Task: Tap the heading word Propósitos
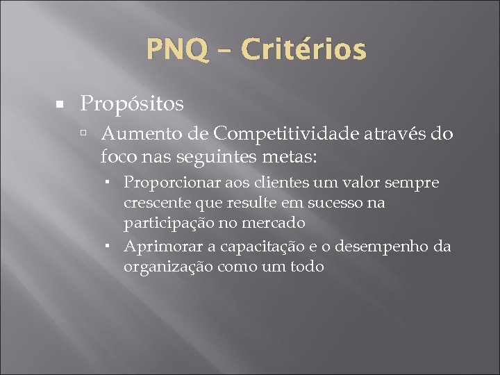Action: (x=132, y=104)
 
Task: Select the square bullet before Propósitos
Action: (x=60, y=104)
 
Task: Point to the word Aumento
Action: (x=143, y=133)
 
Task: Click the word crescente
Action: (x=152, y=203)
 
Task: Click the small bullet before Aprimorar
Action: (x=110, y=246)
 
